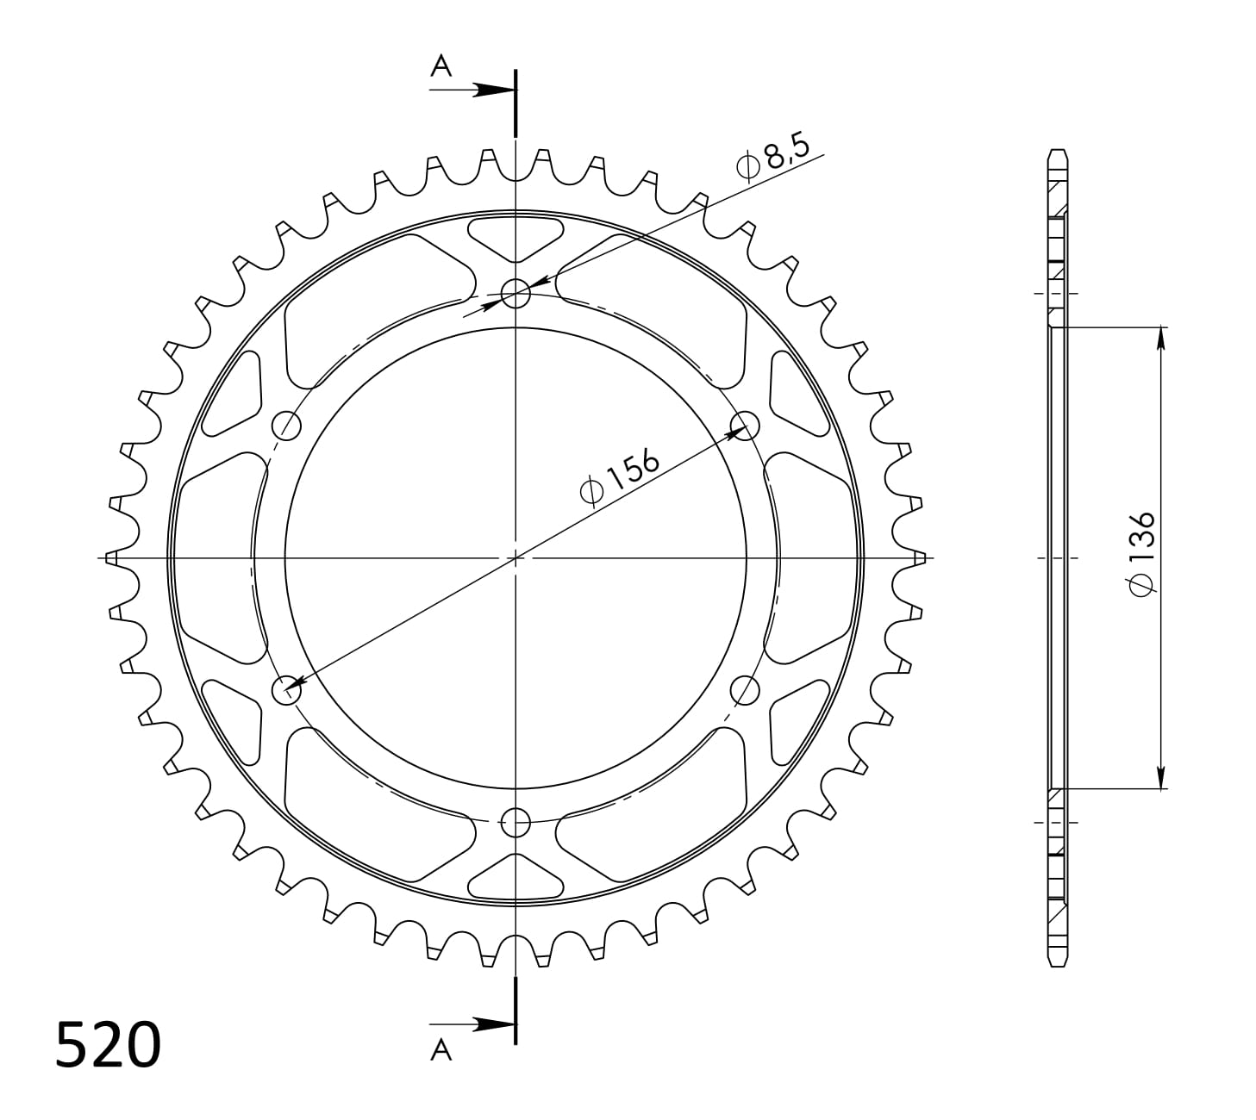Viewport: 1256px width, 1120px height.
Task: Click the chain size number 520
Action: point(108,1044)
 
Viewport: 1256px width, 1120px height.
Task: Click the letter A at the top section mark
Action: point(441,66)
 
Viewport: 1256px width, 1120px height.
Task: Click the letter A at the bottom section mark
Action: point(441,1048)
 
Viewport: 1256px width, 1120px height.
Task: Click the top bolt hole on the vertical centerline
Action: point(516,294)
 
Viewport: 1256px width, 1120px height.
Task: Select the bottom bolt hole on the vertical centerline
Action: point(516,822)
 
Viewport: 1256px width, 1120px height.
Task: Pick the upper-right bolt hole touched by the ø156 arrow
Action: point(744,425)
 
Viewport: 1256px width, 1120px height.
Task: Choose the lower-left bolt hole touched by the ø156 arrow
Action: point(286,689)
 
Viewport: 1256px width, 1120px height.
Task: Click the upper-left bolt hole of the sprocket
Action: point(286,425)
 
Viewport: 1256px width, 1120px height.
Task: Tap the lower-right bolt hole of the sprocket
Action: point(744,689)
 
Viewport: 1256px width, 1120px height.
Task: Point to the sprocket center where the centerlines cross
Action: point(516,558)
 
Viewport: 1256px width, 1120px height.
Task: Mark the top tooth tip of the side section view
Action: point(1058,152)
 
